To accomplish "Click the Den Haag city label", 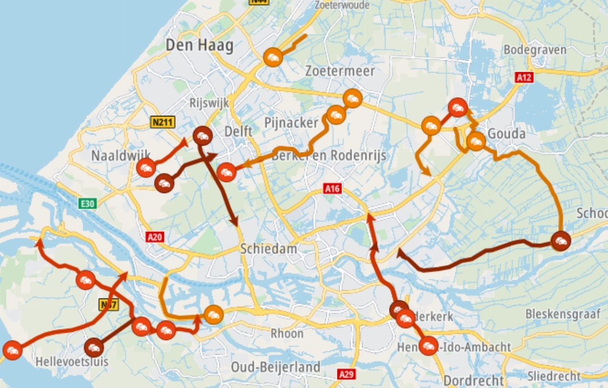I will [x=199, y=46].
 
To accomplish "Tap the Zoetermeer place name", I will [x=340, y=71].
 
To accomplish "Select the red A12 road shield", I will [x=524, y=77].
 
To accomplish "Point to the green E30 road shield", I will [x=88, y=204].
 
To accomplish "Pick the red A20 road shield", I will [x=155, y=237].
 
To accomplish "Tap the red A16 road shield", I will [x=332, y=189].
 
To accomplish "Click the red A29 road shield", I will [x=347, y=374].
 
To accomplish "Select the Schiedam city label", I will [x=268, y=249].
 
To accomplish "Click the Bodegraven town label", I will [x=535, y=50].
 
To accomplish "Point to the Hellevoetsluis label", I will [x=72, y=362].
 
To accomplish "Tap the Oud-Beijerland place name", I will [x=275, y=367].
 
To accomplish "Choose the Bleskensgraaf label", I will [x=563, y=314].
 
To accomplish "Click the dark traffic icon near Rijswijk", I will [x=203, y=136].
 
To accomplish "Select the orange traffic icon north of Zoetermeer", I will [x=273, y=57].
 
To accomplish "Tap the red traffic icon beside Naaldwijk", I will [x=146, y=167].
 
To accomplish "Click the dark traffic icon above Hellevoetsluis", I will [x=94, y=348].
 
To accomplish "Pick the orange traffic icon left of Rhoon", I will [x=214, y=314].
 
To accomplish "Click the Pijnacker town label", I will [x=291, y=123].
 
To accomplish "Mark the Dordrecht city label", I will [x=473, y=380].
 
